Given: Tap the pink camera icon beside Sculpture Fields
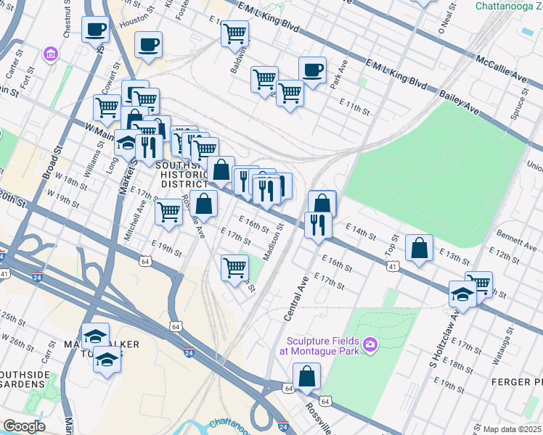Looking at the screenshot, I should coord(371,343).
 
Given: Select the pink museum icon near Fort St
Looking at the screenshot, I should coord(49,55).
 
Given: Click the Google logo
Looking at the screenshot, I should coord(24,426).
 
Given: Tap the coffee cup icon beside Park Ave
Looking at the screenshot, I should coord(312,70).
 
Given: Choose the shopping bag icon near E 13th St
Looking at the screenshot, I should coord(420,248).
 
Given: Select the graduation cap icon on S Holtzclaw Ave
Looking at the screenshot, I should coord(462,294).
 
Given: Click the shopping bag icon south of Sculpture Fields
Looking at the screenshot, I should coord(306,376).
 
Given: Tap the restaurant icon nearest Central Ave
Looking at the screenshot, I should coord(318,224).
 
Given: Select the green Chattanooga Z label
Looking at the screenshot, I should coord(508,6).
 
